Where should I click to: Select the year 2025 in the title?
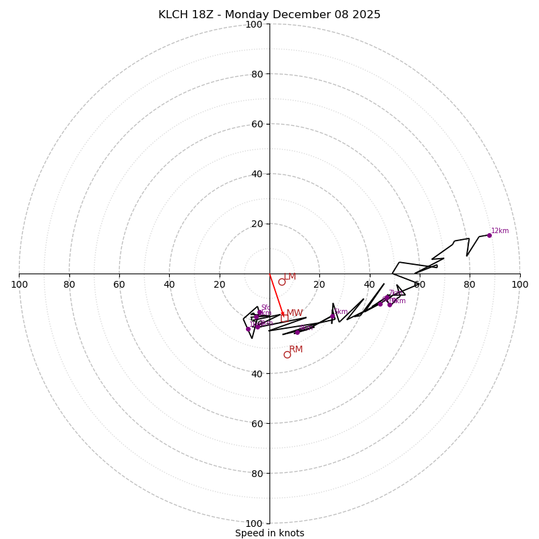[364, 15]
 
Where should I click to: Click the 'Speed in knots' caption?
[269, 533]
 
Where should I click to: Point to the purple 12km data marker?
[489, 235]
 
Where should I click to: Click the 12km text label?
[500, 230]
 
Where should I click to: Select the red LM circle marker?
[282, 282]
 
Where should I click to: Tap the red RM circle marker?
[287, 354]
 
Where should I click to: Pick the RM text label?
[296, 349]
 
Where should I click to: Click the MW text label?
[294, 313]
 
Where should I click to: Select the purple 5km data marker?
[332, 317]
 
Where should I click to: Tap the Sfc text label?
[266, 307]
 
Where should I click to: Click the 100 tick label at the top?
[254, 24]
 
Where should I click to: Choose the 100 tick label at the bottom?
[254, 524]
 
